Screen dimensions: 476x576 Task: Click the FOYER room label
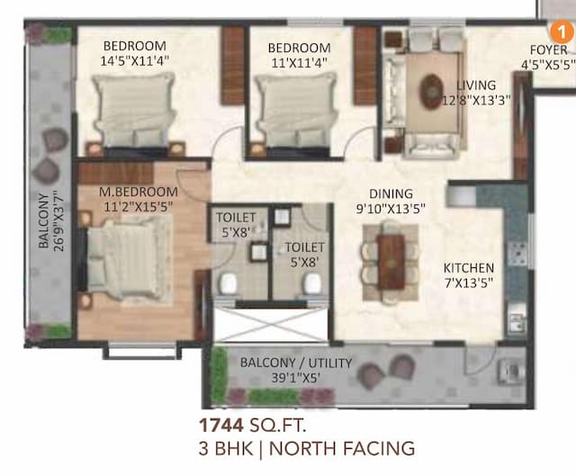point(548,50)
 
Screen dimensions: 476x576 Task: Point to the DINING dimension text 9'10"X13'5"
point(391,209)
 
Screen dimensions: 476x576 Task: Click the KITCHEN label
point(468,268)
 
